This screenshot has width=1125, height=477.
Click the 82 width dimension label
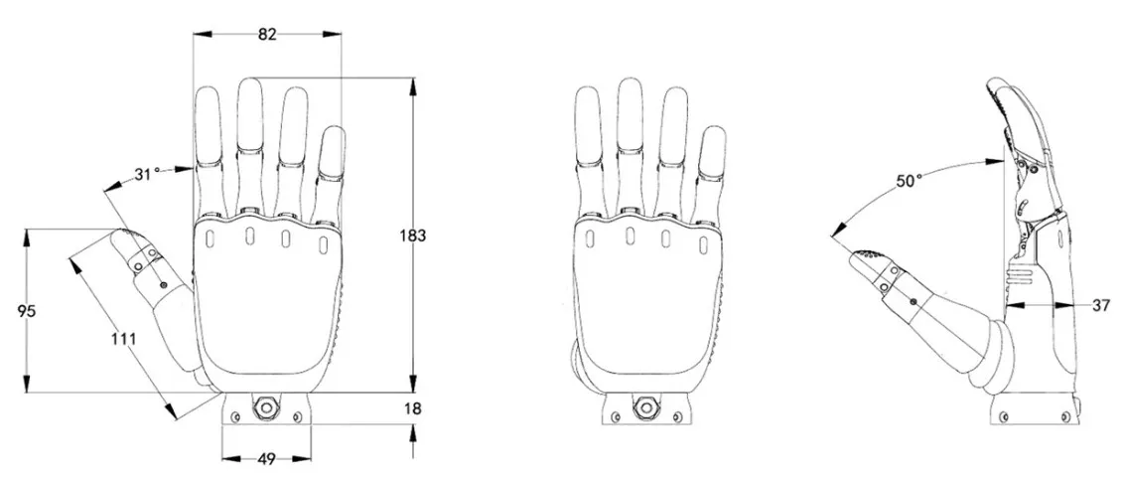[267, 34]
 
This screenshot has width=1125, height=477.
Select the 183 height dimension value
[413, 236]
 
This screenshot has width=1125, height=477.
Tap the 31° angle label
[147, 174]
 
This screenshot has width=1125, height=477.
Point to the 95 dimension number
[27, 311]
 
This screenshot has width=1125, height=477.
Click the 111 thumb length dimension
[123, 339]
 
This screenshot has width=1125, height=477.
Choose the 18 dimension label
[414, 408]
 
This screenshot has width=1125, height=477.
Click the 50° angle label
[909, 180]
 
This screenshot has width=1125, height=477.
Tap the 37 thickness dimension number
[1100, 306]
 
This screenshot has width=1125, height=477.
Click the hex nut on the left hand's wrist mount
[265, 406]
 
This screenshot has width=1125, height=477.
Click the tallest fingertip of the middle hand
[629, 94]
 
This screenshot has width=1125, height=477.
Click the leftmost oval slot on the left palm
[211, 237]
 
